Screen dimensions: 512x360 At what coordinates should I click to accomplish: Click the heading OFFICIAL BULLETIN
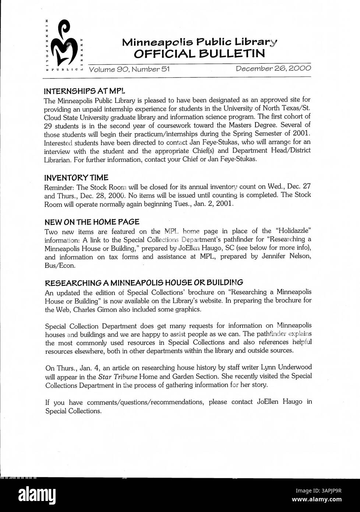pos(199,54)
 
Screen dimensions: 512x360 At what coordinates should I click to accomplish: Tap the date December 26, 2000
pos(273,69)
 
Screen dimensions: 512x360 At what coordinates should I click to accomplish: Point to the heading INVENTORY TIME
pos(76,178)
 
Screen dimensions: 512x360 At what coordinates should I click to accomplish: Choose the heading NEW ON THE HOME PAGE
pos(92,222)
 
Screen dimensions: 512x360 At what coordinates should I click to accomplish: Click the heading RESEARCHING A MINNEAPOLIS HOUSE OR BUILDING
pos(144,283)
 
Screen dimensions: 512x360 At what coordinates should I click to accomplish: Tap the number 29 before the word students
pos(48,125)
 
